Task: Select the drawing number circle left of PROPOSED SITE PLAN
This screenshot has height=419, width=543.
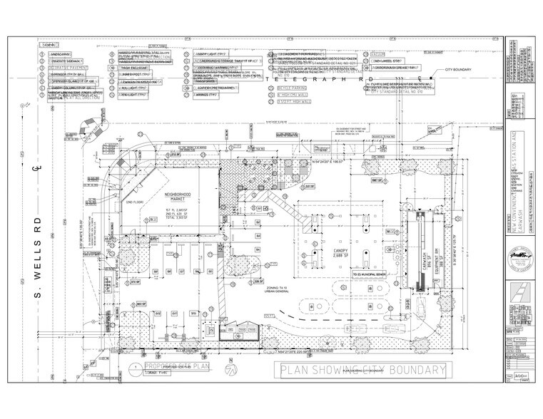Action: click(x=133, y=368)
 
